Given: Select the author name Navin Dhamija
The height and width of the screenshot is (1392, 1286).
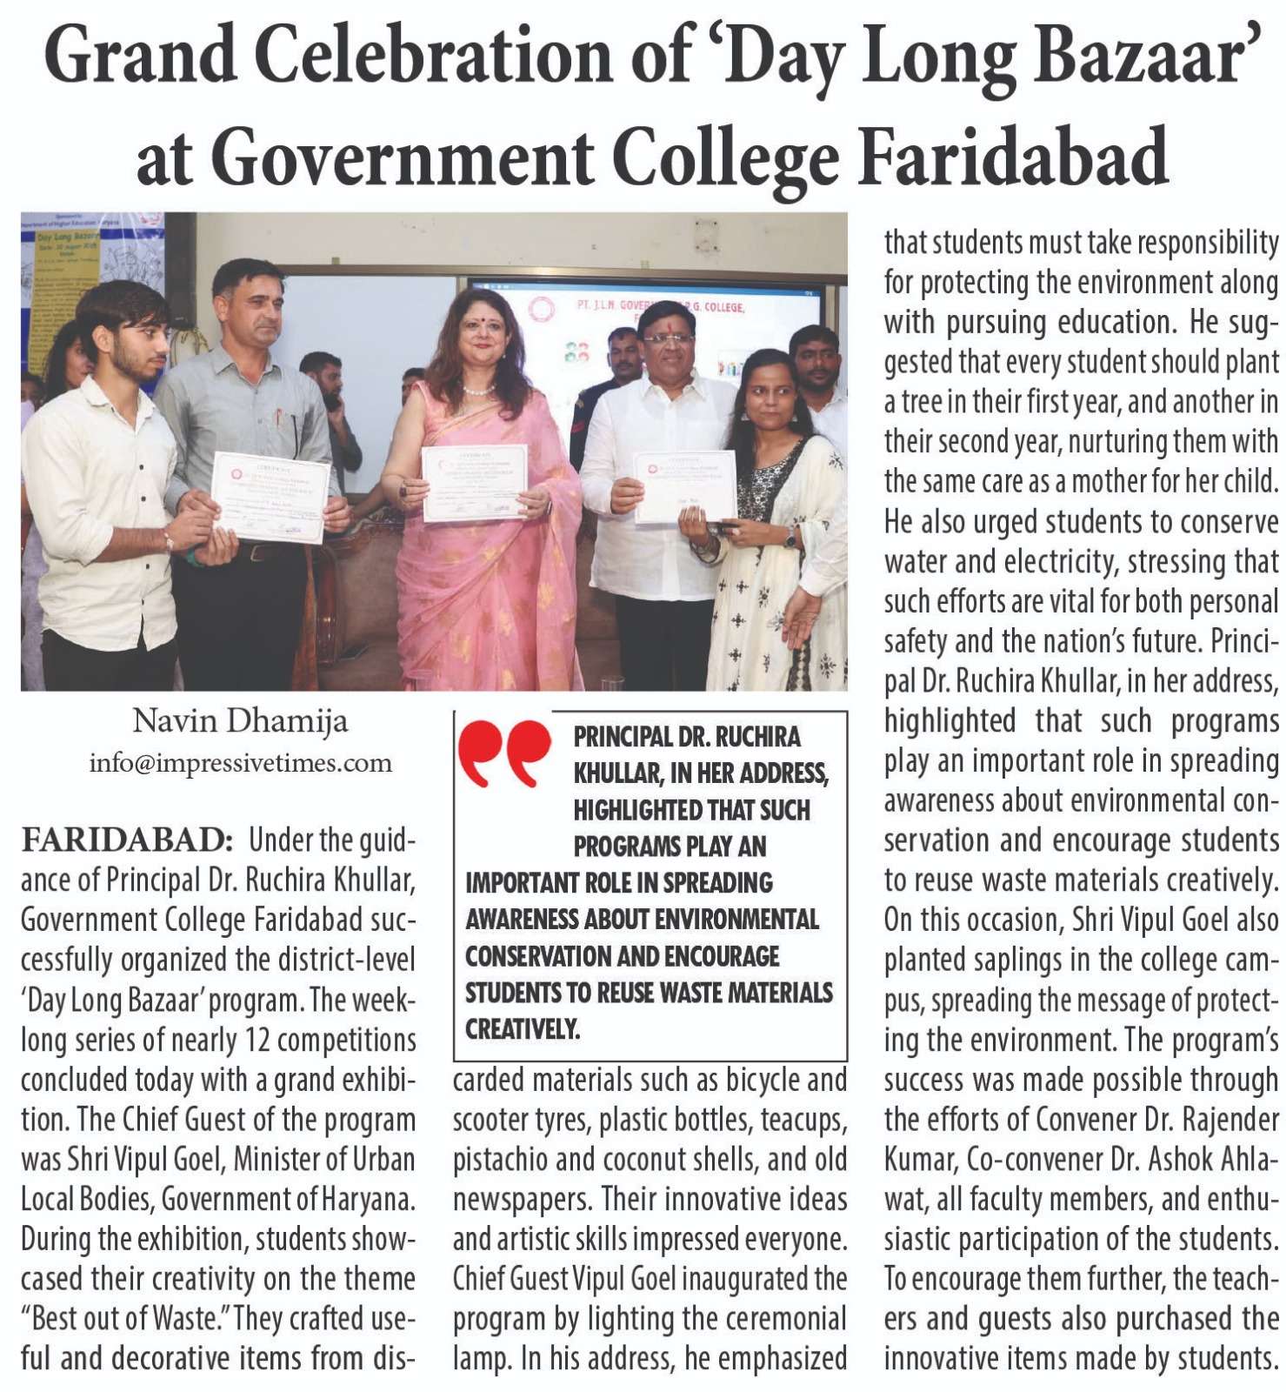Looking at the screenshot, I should coord(240,720).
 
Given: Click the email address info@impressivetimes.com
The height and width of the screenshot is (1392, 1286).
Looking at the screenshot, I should coord(240,763).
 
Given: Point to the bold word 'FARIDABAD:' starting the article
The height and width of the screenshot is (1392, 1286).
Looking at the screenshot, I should coord(127,841).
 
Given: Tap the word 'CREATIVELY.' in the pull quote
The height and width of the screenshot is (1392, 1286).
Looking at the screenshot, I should coord(522,1029).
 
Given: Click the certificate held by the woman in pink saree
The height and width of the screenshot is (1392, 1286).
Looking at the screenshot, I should coord(474,484).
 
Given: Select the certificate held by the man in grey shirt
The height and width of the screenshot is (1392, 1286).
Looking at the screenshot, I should coord(270,497).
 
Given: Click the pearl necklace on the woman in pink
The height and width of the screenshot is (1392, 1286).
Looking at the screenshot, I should coord(478,389).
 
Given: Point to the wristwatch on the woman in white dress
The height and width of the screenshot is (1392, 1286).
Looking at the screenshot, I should coord(790,537).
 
